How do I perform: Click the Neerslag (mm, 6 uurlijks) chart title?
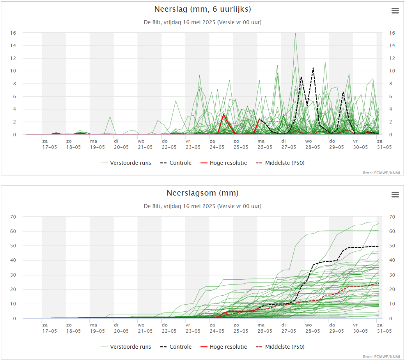(202, 9)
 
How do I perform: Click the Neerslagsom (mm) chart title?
(202, 193)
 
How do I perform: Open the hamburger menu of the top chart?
(395, 11)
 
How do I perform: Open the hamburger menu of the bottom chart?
(395, 194)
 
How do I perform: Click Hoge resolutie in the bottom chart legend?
(228, 347)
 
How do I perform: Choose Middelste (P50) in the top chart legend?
(284, 163)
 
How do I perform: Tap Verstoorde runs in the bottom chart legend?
(130, 347)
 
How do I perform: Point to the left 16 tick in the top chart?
(13, 33)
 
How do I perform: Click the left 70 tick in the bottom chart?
(13, 217)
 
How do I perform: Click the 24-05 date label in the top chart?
(217, 147)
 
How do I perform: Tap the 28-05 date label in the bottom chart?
(312, 331)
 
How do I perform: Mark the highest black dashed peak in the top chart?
(313, 68)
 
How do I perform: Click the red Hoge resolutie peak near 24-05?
(223, 114)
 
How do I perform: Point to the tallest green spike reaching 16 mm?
(295, 33)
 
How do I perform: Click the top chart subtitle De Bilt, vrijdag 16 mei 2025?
(202, 22)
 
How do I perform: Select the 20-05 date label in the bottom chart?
(121, 331)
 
